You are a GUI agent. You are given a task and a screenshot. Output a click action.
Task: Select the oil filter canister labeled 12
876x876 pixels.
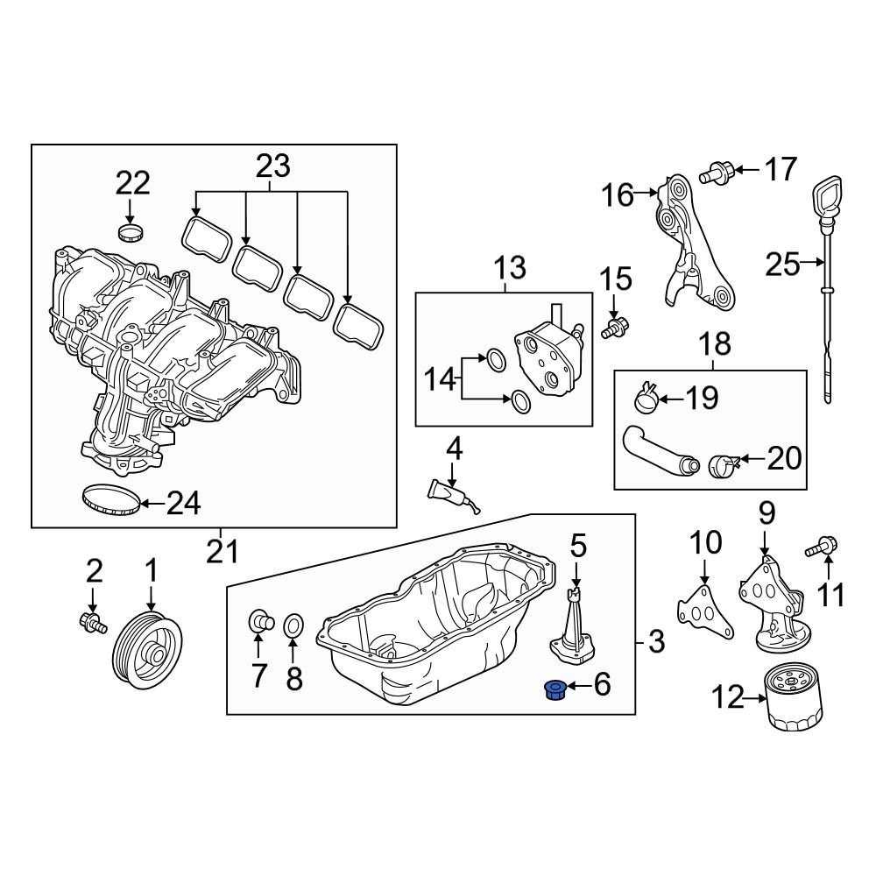[795, 697]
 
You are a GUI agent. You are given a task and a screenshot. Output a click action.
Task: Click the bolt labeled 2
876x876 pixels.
[90, 623]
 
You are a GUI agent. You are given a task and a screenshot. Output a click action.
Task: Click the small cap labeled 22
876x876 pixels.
[130, 233]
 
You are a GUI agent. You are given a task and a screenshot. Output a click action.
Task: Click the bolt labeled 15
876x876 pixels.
[614, 329]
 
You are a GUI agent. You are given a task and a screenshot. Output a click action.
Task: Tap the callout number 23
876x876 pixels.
[272, 166]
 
